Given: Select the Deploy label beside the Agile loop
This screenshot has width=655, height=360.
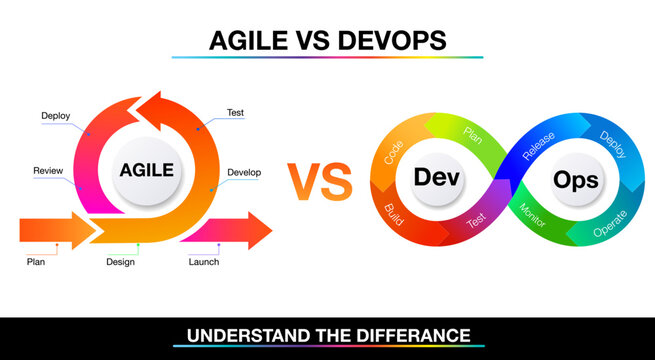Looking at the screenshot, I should pyautogui.click(x=55, y=115).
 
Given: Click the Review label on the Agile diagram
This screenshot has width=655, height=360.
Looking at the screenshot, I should pyautogui.click(x=48, y=170).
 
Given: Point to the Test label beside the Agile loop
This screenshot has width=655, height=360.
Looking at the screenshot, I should pyautogui.click(x=236, y=113).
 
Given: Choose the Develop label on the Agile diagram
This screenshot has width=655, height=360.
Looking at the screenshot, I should pyautogui.click(x=244, y=172).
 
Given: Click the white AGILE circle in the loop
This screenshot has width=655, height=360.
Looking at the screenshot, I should pyautogui.click(x=146, y=170).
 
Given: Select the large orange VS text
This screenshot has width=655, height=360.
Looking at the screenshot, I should pyautogui.click(x=320, y=181).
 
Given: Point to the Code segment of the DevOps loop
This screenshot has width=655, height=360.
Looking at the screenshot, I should pyautogui.click(x=393, y=151).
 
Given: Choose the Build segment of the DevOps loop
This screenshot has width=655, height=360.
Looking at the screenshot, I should pyautogui.click(x=393, y=213).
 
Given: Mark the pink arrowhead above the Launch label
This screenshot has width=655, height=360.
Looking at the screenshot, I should pyautogui.click(x=259, y=231).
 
